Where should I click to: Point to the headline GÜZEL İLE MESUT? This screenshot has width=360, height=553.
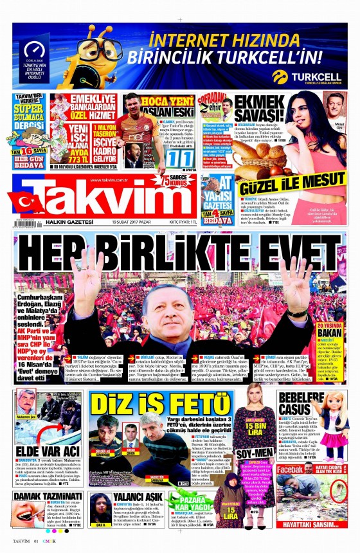tap(292, 181)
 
